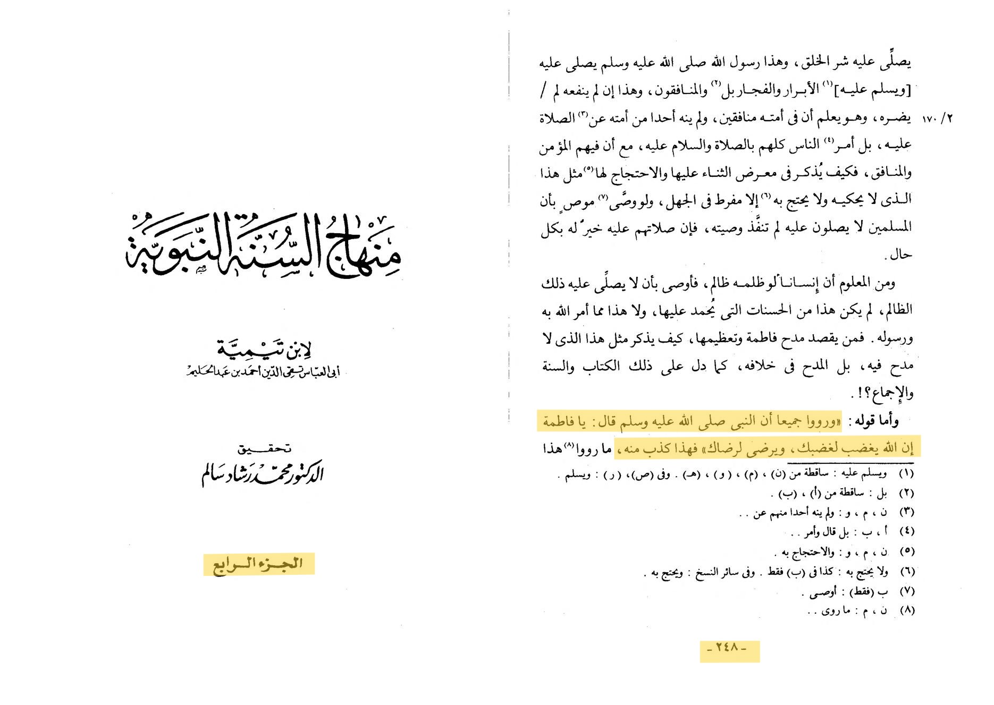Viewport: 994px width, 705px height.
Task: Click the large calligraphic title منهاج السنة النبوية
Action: (x=264, y=245)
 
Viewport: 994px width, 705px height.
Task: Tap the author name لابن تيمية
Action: (x=264, y=348)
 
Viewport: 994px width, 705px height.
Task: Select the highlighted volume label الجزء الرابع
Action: (x=258, y=564)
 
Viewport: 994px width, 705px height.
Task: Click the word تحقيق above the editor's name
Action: (x=264, y=449)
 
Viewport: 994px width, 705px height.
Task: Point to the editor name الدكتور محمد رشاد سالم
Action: (x=262, y=473)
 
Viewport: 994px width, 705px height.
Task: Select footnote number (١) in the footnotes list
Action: (x=906, y=473)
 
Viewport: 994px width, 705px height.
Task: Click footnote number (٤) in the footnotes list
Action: (x=906, y=531)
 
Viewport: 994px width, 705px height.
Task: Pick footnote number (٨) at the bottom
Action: (x=906, y=610)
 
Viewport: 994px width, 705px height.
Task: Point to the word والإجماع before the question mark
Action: (x=894, y=393)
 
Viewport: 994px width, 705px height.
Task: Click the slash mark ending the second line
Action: (x=543, y=90)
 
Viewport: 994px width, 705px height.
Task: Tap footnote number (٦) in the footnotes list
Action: (x=906, y=572)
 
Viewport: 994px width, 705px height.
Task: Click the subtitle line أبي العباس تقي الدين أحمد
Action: (x=263, y=372)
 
